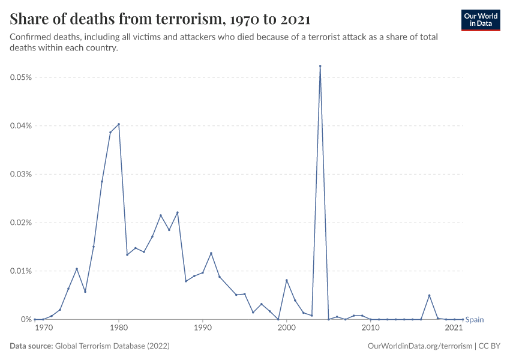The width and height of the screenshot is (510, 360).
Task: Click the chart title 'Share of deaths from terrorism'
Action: [x=160, y=19]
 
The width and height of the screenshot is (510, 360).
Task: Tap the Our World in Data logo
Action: [x=481, y=20]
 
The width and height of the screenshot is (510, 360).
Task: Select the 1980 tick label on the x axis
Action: [x=119, y=328]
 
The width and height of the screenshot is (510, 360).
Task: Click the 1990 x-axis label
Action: [x=203, y=328]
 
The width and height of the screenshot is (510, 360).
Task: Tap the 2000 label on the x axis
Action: [x=287, y=328]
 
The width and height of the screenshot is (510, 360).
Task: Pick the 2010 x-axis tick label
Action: [x=371, y=328]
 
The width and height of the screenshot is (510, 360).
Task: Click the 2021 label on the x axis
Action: [x=454, y=328]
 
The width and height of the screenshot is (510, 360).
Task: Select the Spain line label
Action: [x=475, y=320]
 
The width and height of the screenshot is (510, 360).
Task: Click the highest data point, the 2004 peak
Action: [x=320, y=66]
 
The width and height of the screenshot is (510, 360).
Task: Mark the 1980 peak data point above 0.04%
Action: [x=119, y=124]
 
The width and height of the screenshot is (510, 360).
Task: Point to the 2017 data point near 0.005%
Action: [x=430, y=295]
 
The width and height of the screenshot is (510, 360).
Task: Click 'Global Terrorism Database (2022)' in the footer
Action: [x=111, y=346]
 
